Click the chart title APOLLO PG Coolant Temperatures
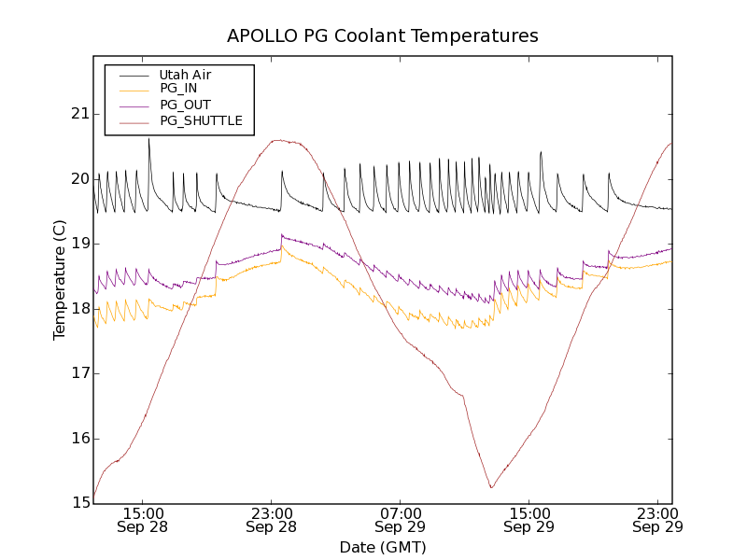(383, 36)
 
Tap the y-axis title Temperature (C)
(60, 280)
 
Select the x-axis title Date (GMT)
(382, 547)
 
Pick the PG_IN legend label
(178, 89)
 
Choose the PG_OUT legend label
(185, 105)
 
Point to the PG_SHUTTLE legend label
(201, 120)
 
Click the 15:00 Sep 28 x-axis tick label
(143, 520)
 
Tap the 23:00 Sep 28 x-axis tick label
(272, 520)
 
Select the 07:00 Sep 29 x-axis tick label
(401, 520)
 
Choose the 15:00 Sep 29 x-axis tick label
(529, 520)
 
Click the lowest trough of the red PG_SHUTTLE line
(491, 487)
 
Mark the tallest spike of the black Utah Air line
(148, 139)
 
